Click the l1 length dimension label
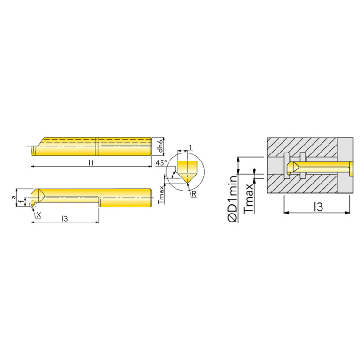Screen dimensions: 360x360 [x=91, y=162]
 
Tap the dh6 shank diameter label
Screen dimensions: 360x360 [x=160, y=146]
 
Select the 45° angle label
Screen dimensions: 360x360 [x=161, y=163]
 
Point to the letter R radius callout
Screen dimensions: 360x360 [x=194, y=194]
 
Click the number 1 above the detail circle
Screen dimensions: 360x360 [x=190, y=147]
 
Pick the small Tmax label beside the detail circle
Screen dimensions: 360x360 [x=161, y=195]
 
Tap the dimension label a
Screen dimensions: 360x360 [x=14, y=197]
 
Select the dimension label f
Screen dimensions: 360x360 [x=22, y=202]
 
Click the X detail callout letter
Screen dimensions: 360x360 [x=39, y=215]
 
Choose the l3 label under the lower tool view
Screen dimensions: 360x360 [x=65, y=219]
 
